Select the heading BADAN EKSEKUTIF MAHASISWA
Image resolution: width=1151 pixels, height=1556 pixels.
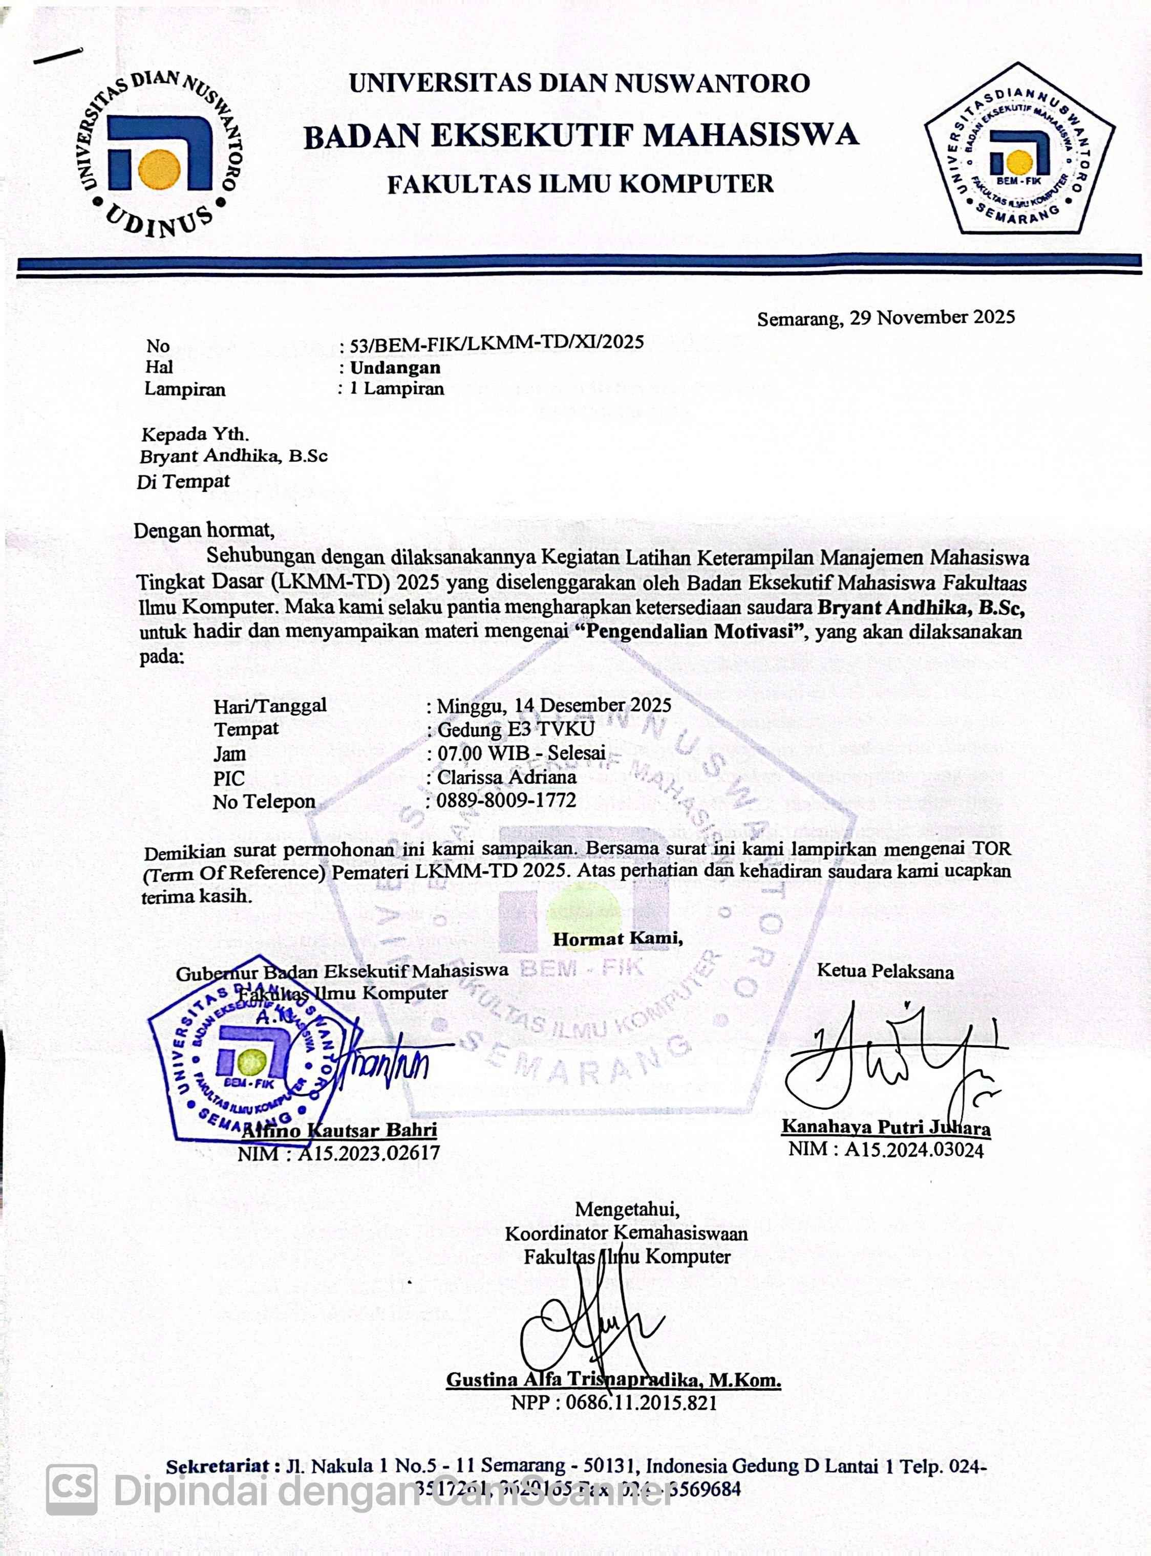click(x=581, y=135)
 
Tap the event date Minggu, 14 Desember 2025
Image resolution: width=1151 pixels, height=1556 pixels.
click(x=554, y=705)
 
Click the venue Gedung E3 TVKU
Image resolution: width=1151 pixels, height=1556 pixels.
click(x=516, y=729)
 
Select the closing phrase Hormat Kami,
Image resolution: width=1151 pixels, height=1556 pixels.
click(x=617, y=938)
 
